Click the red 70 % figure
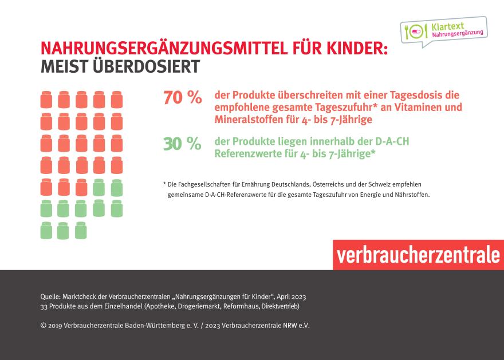tap(183, 98)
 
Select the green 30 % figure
tap(183, 144)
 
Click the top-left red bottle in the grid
tap(46, 100)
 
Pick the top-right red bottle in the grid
tap(117, 100)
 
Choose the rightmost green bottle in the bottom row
tap(81, 230)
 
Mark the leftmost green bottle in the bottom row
tap(46, 230)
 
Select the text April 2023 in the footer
tap(292, 296)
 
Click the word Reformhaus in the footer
tap(237, 306)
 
